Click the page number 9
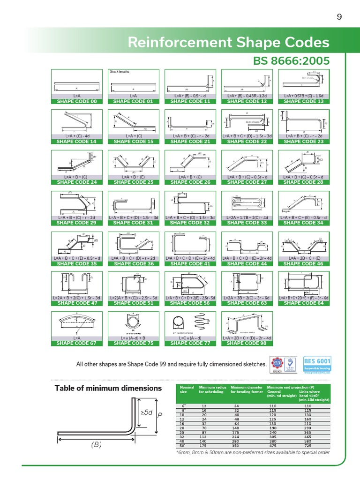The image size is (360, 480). coord(339,17)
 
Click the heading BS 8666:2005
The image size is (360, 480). coord(291,61)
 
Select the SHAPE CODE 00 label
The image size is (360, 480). coord(76,101)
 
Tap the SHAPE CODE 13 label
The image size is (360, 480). coord(304,101)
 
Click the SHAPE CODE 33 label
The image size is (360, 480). coord(247,223)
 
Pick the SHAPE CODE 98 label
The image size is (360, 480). coord(247,343)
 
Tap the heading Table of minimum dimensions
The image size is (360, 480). coord(108,388)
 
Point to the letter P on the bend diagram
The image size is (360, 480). coord(160,415)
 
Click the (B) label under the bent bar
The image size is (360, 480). coord(96,445)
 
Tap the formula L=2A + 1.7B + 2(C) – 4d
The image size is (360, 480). coord(247,217)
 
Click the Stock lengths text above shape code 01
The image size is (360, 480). coord(119,72)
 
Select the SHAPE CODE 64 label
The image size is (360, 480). coord(304,303)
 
